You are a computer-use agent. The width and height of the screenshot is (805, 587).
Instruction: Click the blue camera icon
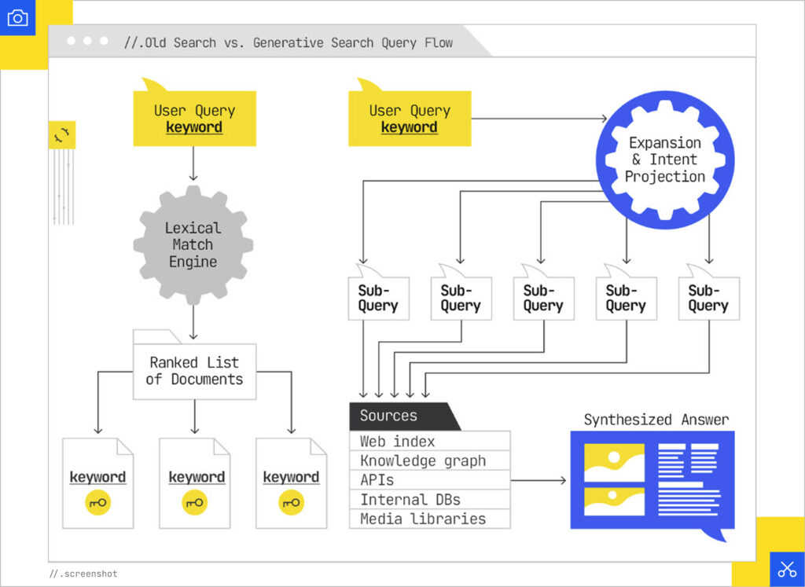pyautogui.click(x=17, y=17)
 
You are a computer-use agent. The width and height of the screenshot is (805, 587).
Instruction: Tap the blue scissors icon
pyautogui.click(x=786, y=569)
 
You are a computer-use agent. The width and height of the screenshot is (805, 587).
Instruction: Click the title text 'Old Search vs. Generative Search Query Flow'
pyautogui.click(x=289, y=42)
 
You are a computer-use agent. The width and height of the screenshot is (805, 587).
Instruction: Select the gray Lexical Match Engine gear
pyautogui.click(x=193, y=244)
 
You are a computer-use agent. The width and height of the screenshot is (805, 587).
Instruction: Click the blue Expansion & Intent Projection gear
pyautogui.click(x=665, y=160)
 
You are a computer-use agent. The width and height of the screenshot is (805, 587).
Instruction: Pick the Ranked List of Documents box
pyautogui.click(x=194, y=371)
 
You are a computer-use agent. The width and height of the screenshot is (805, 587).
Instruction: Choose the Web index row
pyautogui.click(x=429, y=441)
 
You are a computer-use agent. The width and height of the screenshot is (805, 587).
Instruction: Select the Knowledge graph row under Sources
pyautogui.click(x=429, y=460)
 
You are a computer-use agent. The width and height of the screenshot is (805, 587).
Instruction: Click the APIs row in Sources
pyautogui.click(x=429, y=479)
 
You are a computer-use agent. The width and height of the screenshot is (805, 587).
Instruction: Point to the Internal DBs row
pyautogui.click(x=429, y=499)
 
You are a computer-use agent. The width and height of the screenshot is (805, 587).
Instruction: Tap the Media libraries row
pyautogui.click(x=429, y=519)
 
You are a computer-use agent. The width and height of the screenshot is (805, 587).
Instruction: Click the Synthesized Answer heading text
pyautogui.click(x=656, y=420)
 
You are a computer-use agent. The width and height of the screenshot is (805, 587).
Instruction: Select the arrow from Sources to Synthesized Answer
pyautogui.click(x=539, y=480)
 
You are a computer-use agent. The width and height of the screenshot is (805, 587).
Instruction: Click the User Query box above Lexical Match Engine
pyautogui.click(x=194, y=119)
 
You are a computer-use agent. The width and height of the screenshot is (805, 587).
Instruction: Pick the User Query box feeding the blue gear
pyautogui.click(x=410, y=119)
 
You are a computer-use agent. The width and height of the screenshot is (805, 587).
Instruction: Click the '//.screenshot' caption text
pyautogui.click(x=83, y=574)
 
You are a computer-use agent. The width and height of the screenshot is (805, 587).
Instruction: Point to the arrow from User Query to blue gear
pyautogui.click(x=539, y=119)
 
